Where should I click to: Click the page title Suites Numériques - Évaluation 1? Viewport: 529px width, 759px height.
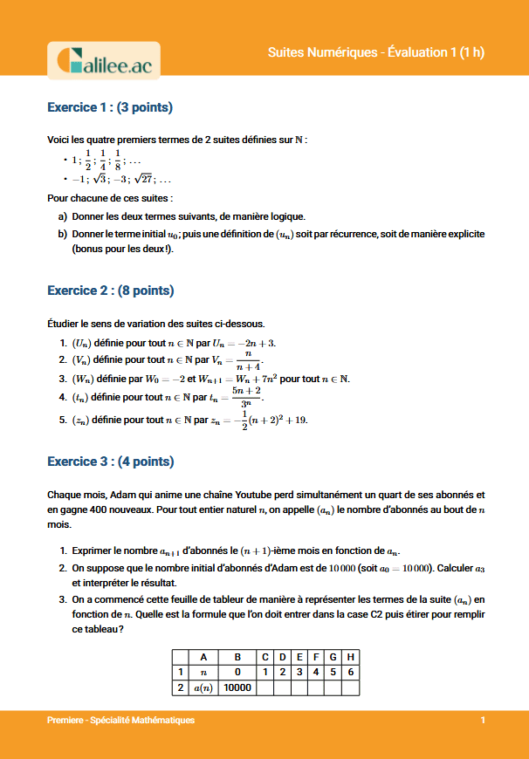pos(375,53)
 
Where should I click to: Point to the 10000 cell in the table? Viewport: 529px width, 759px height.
pos(237,687)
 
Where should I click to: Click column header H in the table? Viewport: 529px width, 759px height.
pos(350,656)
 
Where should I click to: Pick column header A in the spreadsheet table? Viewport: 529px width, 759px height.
pos(203,656)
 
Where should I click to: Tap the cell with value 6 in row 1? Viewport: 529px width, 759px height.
pos(350,672)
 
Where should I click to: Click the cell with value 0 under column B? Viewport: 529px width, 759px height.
pos(237,672)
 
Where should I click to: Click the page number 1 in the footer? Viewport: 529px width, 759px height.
pos(483,721)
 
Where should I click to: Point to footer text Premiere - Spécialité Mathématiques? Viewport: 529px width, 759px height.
pos(121,721)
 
